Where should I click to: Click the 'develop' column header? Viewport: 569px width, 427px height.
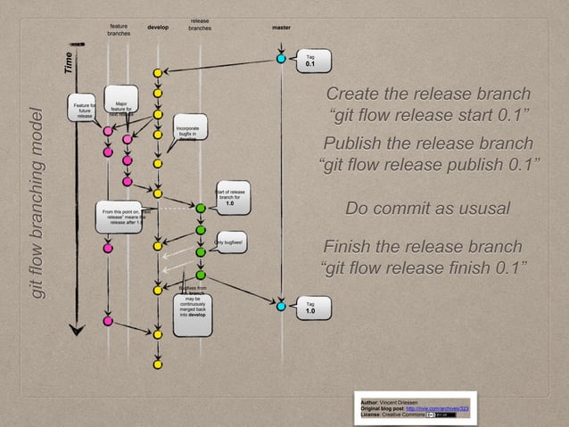(x=158, y=28)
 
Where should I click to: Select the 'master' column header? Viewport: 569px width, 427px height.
(x=281, y=28)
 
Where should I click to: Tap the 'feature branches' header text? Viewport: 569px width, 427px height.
(x=118, y=31)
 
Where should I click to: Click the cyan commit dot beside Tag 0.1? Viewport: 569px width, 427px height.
(x=281, y=59)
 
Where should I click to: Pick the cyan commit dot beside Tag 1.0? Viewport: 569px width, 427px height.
(x=281, y=306)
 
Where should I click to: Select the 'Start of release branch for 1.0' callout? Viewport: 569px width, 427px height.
(x=230, y=199)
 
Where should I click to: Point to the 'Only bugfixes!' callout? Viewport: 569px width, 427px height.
(x=229, y=242)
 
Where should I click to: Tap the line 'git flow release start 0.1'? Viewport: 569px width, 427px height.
(x=428, y=117)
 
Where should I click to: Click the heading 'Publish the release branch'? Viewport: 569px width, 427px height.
(x=428, y=144)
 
